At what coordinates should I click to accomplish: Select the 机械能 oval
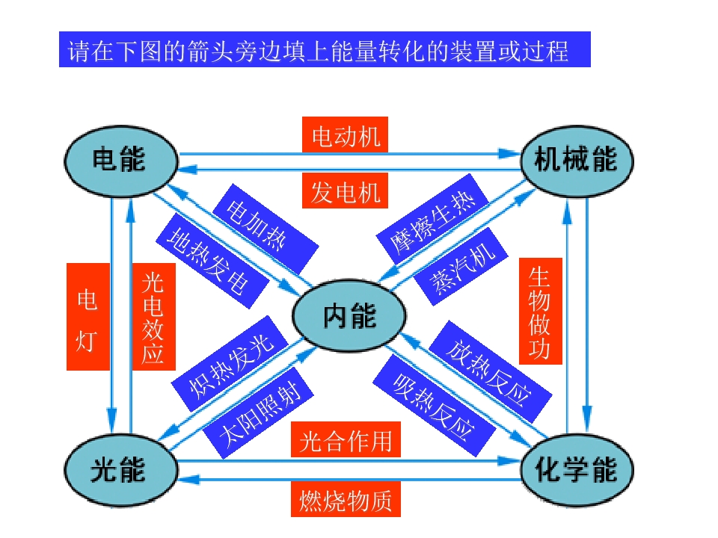pos(576,159)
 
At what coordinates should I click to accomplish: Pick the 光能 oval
pos(120,470)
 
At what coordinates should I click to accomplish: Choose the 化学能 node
pos(576,470)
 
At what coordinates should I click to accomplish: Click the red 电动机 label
pos(346,137)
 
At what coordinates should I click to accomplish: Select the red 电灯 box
pos(88,317)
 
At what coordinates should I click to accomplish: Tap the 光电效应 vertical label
pos(153,317)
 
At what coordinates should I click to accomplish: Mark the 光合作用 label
pos(346,440)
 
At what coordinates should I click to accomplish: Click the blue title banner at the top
pos(325,50)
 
